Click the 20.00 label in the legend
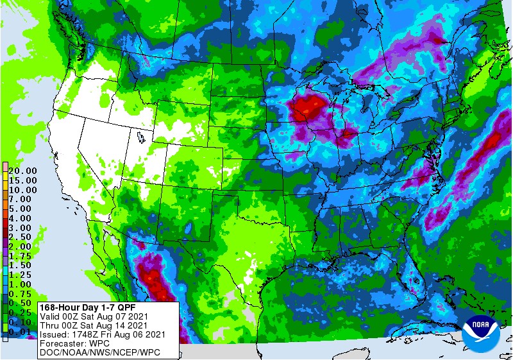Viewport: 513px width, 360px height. (x=23, y=171)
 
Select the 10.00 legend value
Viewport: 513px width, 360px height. (x=23, y=190)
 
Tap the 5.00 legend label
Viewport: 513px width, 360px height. (x=23, y=209)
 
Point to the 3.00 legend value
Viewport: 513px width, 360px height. (x=23, y=228)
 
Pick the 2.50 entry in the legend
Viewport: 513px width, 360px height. (x=23, y=237)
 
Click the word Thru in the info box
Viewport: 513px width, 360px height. (x=50, y=325)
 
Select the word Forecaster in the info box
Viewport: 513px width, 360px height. (x=64, y=343)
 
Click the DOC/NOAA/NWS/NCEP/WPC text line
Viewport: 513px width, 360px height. (x=99, y=352)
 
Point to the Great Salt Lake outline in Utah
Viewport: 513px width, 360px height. (x=140, y=137)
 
